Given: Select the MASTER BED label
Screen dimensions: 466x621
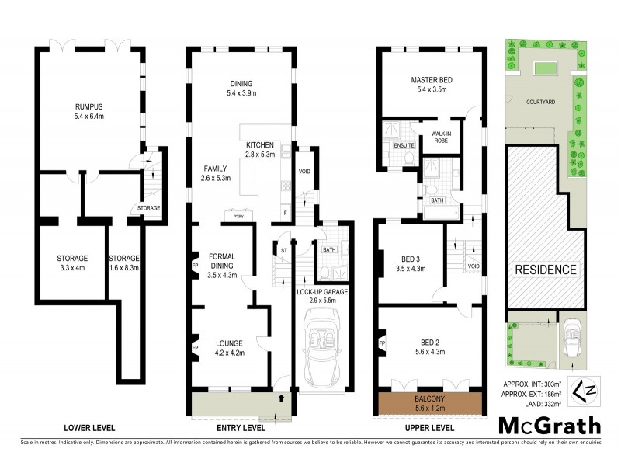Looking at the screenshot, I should [x=431, y=79].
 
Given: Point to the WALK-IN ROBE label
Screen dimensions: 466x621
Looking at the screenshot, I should [x=442, y=137].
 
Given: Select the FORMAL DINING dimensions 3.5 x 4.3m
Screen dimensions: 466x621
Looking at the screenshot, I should [x=222, y=275].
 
